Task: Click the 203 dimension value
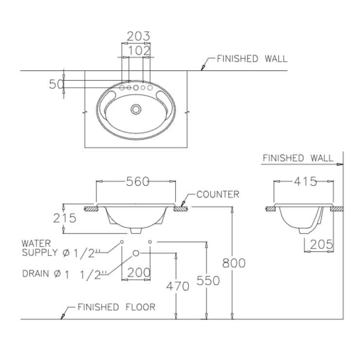click(138, 36)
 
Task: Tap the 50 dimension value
click(56, 84)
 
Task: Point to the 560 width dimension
click(137, 181)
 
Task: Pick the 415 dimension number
click(305, 181)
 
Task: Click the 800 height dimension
click(234, 263)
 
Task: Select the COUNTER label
click(218, 195)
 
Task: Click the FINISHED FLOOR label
click(116, 307)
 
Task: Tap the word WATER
click(36, 242)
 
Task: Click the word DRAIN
click(36, 273)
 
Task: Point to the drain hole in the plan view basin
click(136, 109)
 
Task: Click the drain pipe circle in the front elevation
click(136, 253)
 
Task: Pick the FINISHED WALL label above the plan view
click(252, 59)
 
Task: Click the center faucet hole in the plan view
click(136, 88)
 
